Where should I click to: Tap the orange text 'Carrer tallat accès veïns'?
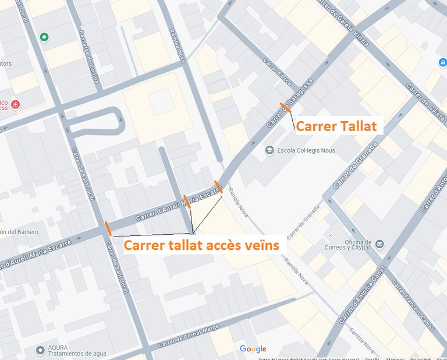[201, 245]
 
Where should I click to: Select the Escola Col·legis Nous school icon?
[269, 150]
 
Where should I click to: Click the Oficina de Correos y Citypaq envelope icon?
[379, 243]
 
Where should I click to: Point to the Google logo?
[253, 349]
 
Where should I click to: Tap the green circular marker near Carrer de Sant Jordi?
[44, 37]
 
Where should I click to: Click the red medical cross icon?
[15, 105]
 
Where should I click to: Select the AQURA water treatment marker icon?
[40, 350]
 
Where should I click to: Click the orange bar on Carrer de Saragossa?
[285, 107]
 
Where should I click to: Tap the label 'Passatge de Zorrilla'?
[88, 57]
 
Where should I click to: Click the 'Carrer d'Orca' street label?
[276, 72]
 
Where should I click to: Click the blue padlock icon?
[442, 62]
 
